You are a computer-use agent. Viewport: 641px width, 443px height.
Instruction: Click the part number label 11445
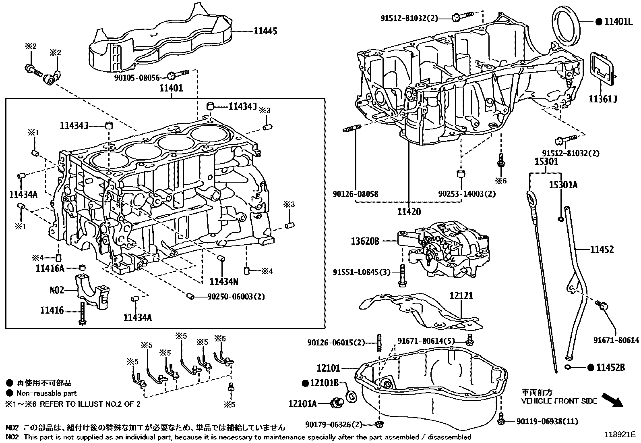point(265,31)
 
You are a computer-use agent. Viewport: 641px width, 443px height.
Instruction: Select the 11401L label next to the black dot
point(618,22)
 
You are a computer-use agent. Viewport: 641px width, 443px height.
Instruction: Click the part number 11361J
point(603,99)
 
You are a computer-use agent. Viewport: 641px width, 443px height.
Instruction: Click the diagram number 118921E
point(619,435)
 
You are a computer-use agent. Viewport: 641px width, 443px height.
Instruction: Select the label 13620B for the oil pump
point(365,241)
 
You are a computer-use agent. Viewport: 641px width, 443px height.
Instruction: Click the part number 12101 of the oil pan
point(329,368)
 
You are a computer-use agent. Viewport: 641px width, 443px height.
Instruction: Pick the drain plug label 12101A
point(302,403)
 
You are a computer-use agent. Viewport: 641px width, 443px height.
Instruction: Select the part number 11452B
point(610,367)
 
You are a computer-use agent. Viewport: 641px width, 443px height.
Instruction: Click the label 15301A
point(563,185)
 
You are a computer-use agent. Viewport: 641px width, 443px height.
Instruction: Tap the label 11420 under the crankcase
point(409,212)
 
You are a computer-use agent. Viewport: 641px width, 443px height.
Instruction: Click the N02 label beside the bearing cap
point(57,289)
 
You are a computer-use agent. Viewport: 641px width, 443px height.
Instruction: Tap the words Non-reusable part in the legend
point(46,393)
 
